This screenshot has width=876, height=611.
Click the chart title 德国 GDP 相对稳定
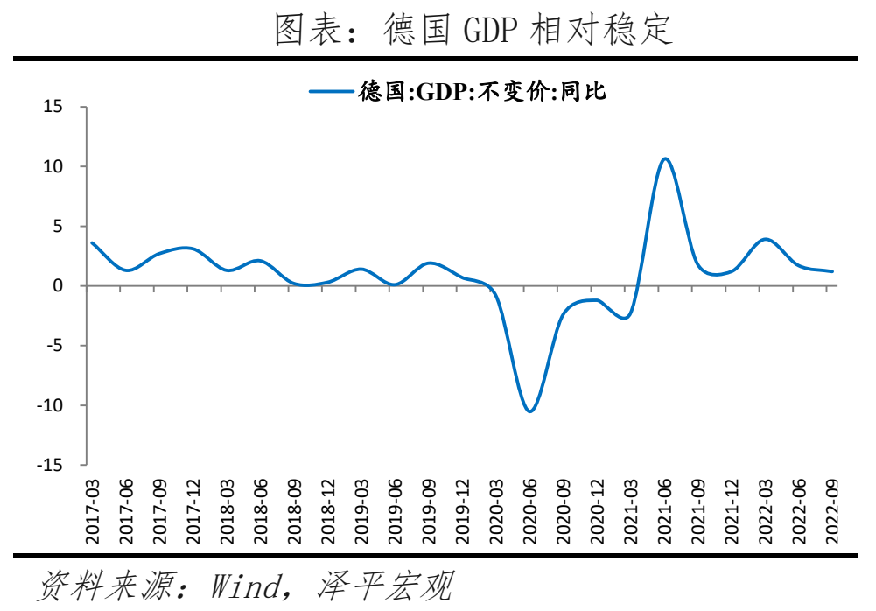pyautogui.click(x=474, y=30)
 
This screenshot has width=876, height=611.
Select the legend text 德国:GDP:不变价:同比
pyautogui.click(x=482, y=89)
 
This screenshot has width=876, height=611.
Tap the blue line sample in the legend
pyautogui.click(x=330, y=89)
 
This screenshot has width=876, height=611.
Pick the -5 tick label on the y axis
pyautogui.click(x=54, y=346)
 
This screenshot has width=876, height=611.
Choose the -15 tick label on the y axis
pyautogui.click(x=50, y=465)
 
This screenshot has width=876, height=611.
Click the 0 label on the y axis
pyautogui.click(x=58, y=286)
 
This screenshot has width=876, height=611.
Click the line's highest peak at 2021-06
pyautogui.click(x=665, y=158)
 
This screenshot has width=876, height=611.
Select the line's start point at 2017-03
pyautogui.click(x=92, y=242)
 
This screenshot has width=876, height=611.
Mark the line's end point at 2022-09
pyautogui.click(x=832, y=271)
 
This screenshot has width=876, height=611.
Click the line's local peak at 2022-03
pyautogui.click(x=766, y=239)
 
